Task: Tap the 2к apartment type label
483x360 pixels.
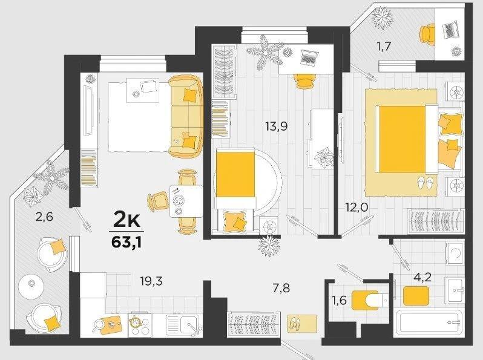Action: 127,220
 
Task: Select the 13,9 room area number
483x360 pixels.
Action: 277,126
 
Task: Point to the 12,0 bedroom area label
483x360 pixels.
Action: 356,208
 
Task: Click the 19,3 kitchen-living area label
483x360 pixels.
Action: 151,281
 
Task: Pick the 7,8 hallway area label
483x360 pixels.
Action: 281,289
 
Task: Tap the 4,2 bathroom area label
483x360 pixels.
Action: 422,278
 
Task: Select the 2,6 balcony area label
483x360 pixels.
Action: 44,217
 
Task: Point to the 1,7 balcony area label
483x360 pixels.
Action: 384,46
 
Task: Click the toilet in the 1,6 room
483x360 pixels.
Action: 370,300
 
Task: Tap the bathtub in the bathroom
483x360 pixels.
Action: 429,322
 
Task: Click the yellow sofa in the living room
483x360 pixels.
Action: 186,116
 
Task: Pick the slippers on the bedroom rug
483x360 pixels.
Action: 425,183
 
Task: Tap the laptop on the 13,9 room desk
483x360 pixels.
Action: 309,57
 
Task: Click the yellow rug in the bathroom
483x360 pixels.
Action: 416,296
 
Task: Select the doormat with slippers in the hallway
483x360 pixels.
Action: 302,324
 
